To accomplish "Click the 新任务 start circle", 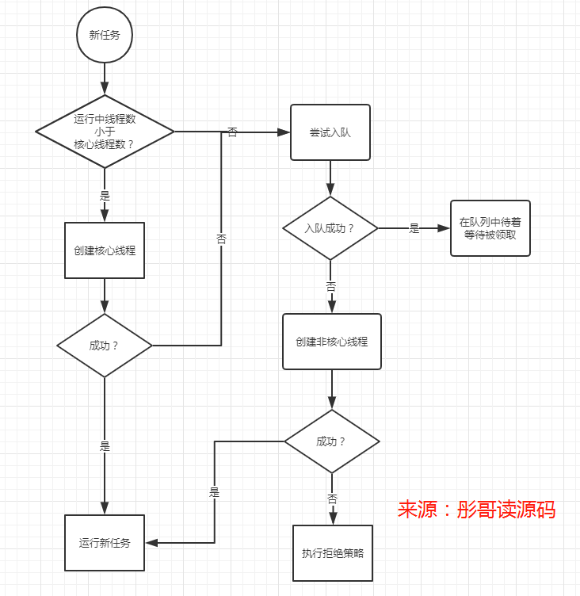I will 105,36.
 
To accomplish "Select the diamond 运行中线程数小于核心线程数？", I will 105,131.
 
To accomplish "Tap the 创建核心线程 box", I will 105,250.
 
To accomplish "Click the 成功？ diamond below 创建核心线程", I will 105,346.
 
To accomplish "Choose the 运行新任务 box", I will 105,543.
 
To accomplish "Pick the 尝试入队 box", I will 330,132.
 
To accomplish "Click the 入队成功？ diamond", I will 330,228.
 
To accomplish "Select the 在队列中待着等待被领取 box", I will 490,228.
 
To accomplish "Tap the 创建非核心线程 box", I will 331,342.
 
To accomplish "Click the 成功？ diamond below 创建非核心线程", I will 331,441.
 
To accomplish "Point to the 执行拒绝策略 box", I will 332,553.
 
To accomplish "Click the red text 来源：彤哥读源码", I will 476,509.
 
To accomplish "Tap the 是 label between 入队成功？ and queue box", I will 414,228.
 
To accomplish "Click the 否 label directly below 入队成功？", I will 331,286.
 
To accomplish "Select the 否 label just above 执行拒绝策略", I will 331,499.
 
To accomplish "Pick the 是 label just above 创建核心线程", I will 105,195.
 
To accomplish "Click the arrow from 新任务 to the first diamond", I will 105,79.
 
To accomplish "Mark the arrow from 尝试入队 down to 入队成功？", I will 330,178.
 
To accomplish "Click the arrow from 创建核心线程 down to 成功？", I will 105,296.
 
